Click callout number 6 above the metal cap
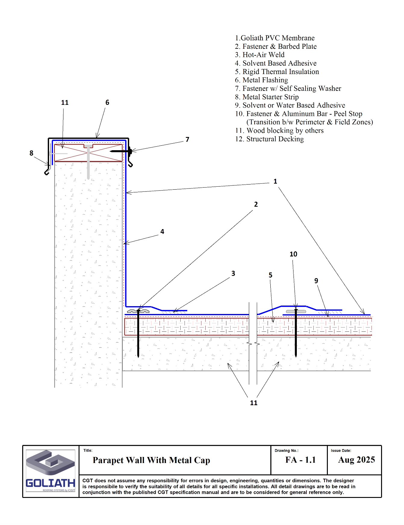107,103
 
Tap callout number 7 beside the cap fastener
187,139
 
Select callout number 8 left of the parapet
31,153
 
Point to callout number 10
293,254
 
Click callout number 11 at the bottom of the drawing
253,403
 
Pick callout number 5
270,275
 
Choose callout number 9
316,281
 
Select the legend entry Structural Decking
275,139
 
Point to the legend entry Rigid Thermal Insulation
281,72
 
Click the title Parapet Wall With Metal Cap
151,460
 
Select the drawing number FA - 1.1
300,460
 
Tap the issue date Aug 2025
356,460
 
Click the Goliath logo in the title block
51,471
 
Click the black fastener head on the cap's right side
130,151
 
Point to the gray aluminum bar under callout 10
296,312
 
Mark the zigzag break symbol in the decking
253,343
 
